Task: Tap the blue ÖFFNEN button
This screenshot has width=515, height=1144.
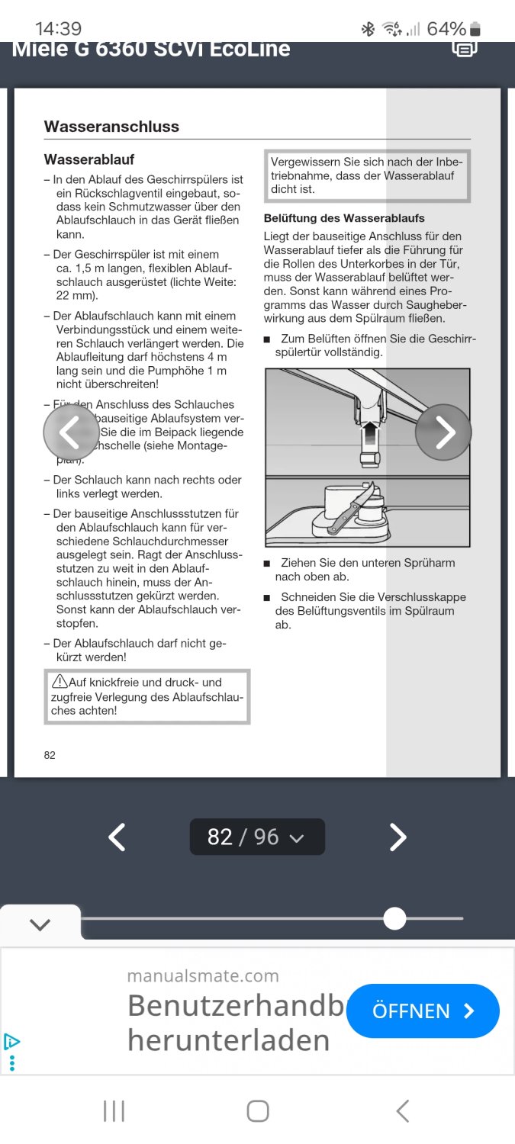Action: click(423, 1011)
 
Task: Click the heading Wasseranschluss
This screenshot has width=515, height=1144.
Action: click(111, 127)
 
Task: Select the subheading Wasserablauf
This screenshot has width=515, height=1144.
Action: click(89, 159)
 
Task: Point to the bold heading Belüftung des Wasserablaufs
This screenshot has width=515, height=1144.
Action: click(344, 218)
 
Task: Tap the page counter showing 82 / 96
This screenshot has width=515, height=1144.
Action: click(257, 837)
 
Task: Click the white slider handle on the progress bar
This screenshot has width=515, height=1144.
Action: click(394, 918)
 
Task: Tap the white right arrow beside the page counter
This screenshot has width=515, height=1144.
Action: click(398, 837)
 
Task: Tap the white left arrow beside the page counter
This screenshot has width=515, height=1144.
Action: click(116, 837)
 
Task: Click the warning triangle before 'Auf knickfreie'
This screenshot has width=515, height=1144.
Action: click(60, 681)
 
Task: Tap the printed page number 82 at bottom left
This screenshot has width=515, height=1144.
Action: click(50, 755)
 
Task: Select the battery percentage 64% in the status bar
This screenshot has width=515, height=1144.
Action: click(446, 29)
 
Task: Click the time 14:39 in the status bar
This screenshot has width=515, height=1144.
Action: click(58, 29)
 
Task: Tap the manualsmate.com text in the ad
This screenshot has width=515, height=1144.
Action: click(203, 975)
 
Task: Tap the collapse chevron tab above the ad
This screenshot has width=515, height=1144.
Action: click(40, 924)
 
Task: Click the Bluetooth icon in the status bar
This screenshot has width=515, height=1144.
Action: click(368, 29)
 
